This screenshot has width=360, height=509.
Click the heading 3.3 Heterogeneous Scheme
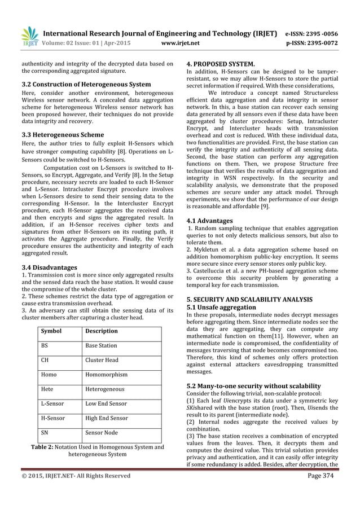[x=62, y=135]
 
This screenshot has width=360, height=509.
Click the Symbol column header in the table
[x=51, y=331]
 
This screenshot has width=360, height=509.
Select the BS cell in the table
[x=45, y=345]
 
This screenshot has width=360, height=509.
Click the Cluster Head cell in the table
[x=102, y=359]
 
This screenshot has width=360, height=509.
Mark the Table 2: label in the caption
[x=45, y=447]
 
